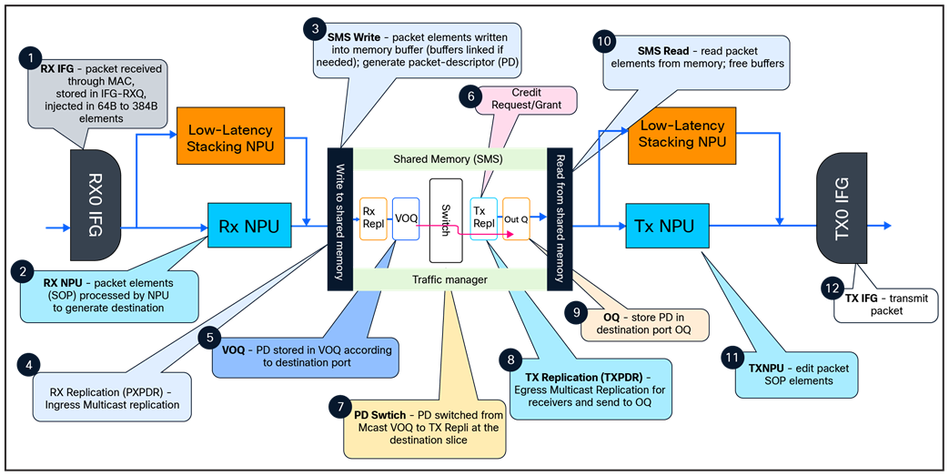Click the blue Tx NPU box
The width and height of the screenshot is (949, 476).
coord(665,227)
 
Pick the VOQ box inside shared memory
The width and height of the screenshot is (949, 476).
coord(405,218)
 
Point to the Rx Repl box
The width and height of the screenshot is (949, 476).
coord(374,218)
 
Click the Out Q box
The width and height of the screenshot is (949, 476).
coord(516,219)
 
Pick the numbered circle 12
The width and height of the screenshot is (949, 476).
coord(832,289)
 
